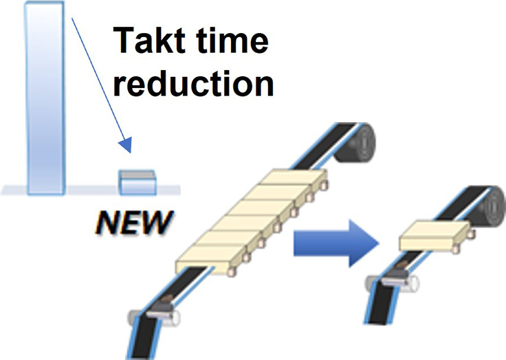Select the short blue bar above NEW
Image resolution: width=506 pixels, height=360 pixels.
[137, 182]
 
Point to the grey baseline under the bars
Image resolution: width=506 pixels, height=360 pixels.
[89, 189]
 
